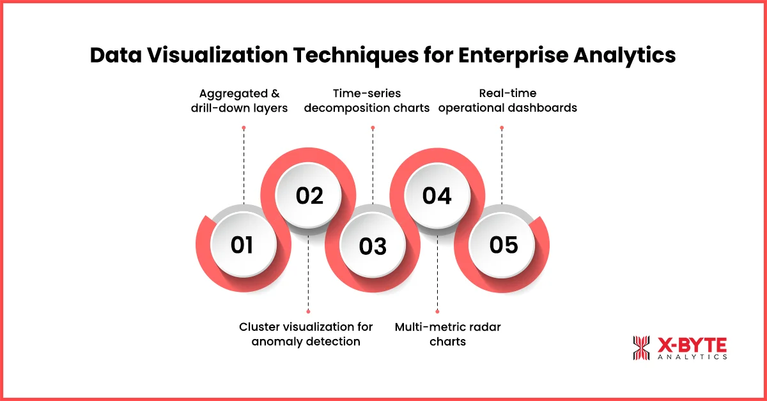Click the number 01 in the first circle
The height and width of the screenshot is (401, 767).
[242, 245]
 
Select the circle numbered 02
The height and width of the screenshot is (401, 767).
[309, 196]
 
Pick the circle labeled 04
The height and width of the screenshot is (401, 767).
[437, 196]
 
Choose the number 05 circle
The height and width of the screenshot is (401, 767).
[503, 245]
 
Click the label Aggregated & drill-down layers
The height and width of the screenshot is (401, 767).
[239, 101]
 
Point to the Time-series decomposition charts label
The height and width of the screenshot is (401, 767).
[367, 101]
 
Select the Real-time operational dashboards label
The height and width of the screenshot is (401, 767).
[507, 101]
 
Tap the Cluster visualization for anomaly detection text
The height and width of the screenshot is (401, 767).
[306, 334]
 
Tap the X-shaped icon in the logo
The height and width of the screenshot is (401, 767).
[641, 348]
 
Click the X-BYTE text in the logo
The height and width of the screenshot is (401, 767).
[692, 345]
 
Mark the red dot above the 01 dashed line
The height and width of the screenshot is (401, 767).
[244, 128]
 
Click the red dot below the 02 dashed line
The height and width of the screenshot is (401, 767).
[308, 312]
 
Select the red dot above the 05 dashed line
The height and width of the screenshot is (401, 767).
[502, 128]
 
